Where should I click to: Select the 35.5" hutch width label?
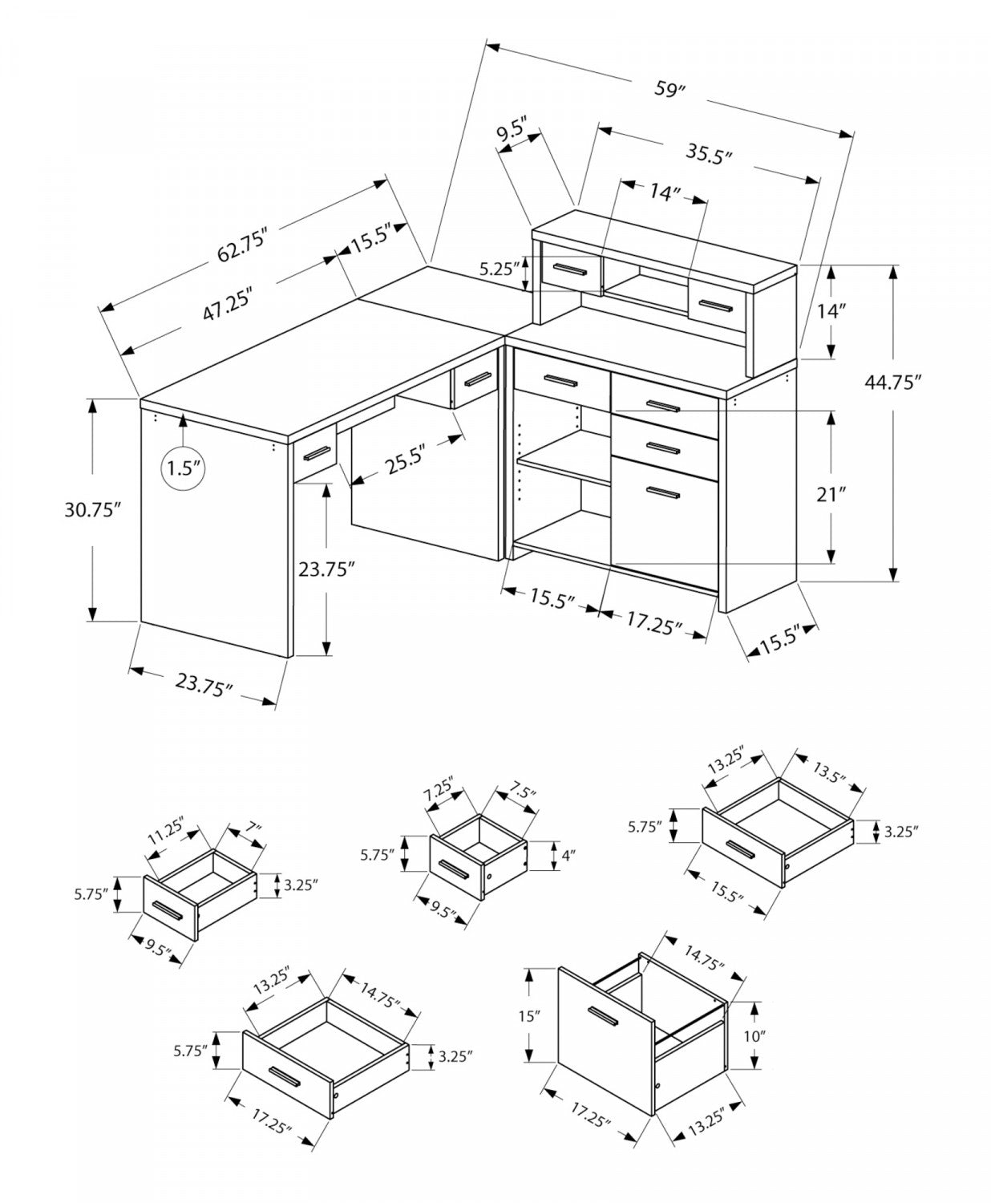coord(710,152)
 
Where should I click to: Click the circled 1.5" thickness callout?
coord(184,468)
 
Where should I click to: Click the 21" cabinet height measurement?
coord(831,495)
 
